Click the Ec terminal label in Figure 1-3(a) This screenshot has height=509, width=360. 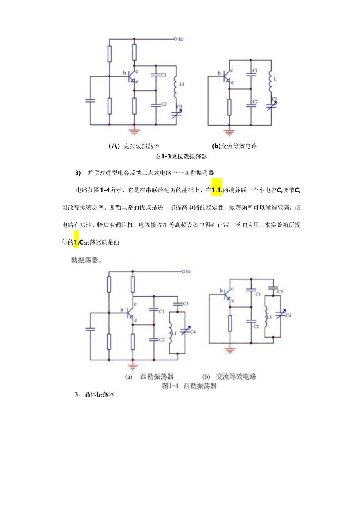pyautogui.click(x=180, y=39)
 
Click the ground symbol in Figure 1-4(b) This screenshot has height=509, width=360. pyautogui.click(x=230, y=351)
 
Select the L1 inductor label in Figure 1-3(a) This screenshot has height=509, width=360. pyautogui.click(x=182, y=84)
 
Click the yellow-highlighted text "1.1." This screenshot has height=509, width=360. pyautogui.click(x=217, y=191)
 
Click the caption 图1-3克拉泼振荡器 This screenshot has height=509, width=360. pyautogui.click(x=181, y=156)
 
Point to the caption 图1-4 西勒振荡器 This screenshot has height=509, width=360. pyautogui.click(x=189, y=386)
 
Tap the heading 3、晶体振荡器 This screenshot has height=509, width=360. pyautogui.click(x=94, y=394)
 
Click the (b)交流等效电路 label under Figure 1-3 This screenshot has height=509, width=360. pyautogui.click(x=234, y=146)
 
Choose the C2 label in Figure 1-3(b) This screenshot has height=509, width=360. pyautogui.click(x=255, y=102)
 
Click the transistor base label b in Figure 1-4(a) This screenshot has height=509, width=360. pyautogui.click(x=122, y=310)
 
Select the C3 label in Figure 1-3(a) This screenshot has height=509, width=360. pyautogui.click(x=179, y=106)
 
